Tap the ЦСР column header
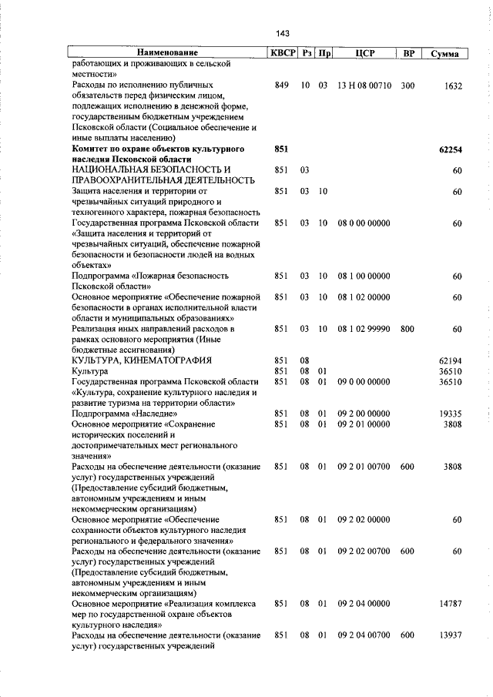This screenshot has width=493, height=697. coord(365,53)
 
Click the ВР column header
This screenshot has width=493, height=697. coord(409,53)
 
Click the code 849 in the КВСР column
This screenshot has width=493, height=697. coord(281,86)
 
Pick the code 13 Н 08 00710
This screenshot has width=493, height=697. coord(364,86)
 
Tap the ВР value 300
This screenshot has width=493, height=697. coord(407,86)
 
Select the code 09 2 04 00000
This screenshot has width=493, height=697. coord(364,604)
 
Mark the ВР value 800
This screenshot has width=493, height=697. coord(407,329)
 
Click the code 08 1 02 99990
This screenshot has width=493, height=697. coord(364,329)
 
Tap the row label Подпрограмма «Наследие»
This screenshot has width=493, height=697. coord(118,413)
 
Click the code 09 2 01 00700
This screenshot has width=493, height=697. coord(364,466)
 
